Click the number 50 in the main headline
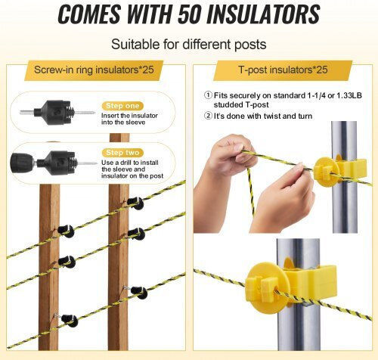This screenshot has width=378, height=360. coord(190,14)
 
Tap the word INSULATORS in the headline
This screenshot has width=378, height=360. coord(263,14)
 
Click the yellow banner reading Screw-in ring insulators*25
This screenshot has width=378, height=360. coord(94,70)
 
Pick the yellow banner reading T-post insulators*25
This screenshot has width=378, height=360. coord(283,70)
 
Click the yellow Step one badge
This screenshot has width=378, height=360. coord(122,106)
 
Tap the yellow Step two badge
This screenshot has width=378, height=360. coord(122,153)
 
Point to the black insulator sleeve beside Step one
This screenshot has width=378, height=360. coord(56,113)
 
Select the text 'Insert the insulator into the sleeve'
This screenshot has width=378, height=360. coord(129,119)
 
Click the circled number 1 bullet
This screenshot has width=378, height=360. coord(208,95)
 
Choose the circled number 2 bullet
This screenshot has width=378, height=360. coord(208,116)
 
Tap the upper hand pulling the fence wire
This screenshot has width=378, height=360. coord(228,157)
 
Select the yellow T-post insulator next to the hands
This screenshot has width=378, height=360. coord(339,172)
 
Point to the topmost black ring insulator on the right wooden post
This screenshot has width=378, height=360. coord(136,203)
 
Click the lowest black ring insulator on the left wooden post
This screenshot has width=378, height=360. coord(70,321)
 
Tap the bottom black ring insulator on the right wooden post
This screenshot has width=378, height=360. coord(139,292)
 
